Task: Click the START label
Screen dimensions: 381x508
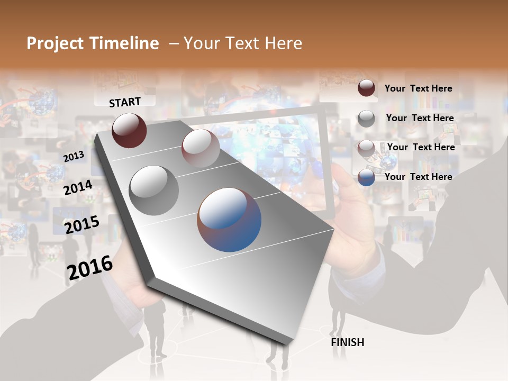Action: pos(125,102)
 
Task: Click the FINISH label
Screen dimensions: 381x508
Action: pos(347,342)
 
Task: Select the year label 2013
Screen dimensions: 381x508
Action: pos(74,157)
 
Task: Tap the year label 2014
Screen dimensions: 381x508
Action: pos(78,188)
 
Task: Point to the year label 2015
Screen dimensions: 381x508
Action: pos(81,225)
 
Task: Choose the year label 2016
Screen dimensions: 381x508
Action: pos(90,267)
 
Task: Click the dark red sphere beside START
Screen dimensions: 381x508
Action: pos(129,130)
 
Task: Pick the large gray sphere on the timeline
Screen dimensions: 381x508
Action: pos(153,190)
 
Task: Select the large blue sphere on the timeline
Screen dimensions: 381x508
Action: pos(229,220)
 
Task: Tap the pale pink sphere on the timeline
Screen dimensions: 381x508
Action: pos(201,148)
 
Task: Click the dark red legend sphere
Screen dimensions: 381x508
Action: pos(366,88)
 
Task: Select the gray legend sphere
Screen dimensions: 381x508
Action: pos(366,119)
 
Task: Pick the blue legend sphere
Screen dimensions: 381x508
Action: pos(366,178)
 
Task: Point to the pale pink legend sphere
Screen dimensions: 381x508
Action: pos(366,148)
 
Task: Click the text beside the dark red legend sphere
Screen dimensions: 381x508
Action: pos(418,89)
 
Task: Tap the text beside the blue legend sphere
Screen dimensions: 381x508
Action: pos(418,177)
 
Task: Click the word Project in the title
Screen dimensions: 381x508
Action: pos(56,43)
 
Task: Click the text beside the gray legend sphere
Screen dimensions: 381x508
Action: pos(420,118)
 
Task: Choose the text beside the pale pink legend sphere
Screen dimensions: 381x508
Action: pos(421,147)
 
